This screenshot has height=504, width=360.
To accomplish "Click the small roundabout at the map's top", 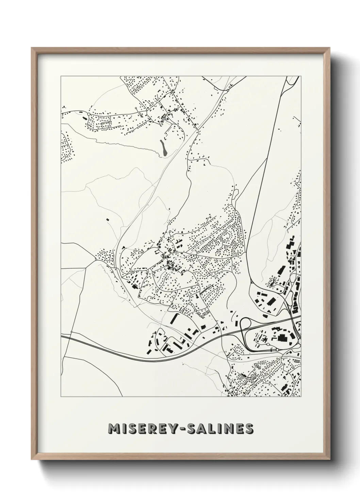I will coord(226,91).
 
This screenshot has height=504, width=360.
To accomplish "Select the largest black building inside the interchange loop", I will coord(282,338).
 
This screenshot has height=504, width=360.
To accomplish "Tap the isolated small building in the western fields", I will coord(108,220).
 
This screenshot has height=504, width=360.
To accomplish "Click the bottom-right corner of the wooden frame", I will coord(329,460).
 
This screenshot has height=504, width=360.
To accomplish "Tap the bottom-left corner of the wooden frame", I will coord(32,460).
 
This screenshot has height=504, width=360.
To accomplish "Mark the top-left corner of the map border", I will coord(61,76).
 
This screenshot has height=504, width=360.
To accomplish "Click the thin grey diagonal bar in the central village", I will coord(206,289).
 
